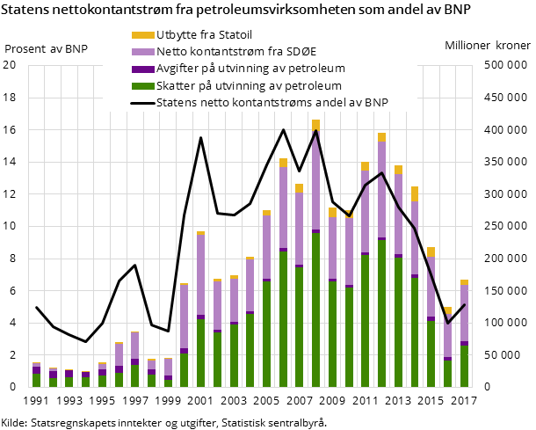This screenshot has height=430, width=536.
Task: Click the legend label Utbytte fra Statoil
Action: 204,35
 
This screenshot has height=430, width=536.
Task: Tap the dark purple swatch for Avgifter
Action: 141,69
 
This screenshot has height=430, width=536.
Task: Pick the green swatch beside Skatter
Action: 141,85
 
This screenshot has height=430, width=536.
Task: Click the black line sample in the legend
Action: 141,102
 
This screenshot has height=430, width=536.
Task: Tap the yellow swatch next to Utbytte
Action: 141,35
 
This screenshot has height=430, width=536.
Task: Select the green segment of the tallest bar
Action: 315,308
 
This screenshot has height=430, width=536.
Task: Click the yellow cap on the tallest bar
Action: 315,125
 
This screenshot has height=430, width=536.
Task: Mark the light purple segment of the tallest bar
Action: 315,180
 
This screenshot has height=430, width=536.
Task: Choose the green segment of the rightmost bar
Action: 464,366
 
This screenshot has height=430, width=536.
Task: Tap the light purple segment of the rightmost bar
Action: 464,313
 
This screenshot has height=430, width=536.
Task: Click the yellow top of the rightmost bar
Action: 464,282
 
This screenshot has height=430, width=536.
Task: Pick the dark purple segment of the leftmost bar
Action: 36,370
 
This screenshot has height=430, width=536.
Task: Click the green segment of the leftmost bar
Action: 36,381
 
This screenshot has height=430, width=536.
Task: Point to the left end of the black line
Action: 36,308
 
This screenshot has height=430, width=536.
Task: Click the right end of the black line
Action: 464,305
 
